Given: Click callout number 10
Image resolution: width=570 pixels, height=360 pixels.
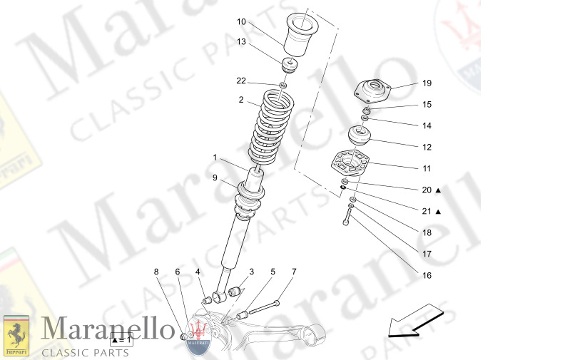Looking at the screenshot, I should pos(241,21).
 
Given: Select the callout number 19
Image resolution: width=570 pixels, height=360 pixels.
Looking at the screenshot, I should pos(426,83).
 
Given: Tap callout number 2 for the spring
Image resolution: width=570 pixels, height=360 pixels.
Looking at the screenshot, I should pos(241,100).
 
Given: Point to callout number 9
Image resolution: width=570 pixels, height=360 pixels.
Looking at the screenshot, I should pos(214,178).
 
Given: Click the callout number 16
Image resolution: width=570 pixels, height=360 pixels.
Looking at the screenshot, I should pos(426,275).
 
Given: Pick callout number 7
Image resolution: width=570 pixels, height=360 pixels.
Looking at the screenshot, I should pos(293,272).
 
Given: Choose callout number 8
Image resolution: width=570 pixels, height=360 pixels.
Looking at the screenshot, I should pos(156,272).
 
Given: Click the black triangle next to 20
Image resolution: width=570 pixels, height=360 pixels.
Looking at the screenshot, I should pos(439,190).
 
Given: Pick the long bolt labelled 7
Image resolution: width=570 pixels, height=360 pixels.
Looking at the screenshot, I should pos(263,307).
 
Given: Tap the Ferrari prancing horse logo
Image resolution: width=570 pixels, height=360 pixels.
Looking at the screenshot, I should pos(16,336).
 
